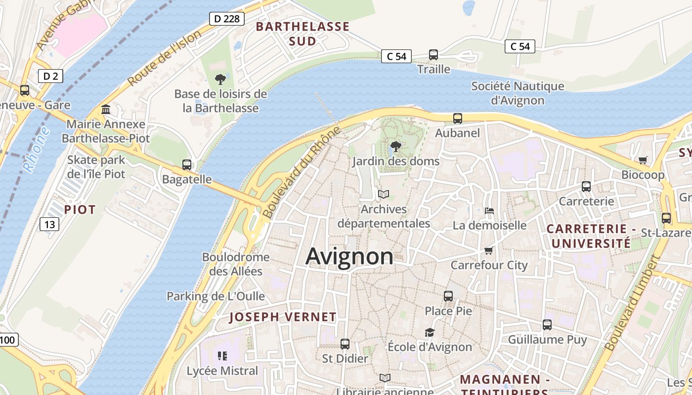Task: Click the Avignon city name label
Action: click(349, 256)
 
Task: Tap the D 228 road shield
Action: click(227, 19)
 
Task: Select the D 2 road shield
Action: click(50, 76)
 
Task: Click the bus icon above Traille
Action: click(433, 55)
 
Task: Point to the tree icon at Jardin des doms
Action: click(395, 147)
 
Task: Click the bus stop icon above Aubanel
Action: click(458, 118)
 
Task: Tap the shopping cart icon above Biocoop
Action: click(643, 160)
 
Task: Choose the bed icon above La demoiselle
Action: click(489, 211)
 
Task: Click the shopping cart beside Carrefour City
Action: click(489, 251)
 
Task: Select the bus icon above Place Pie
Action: click(448, 296)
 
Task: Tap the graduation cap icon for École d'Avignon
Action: click(430, 332)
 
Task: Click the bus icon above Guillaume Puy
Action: click(547, 325)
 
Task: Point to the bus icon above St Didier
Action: click(345, 344)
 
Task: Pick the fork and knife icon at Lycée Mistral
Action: click(222, 356)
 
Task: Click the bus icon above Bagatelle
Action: click(187, 165)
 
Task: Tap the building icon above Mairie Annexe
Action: click(106, 109)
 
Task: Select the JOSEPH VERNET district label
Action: click(283, 317)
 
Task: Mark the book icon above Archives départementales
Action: click(384, 195)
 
